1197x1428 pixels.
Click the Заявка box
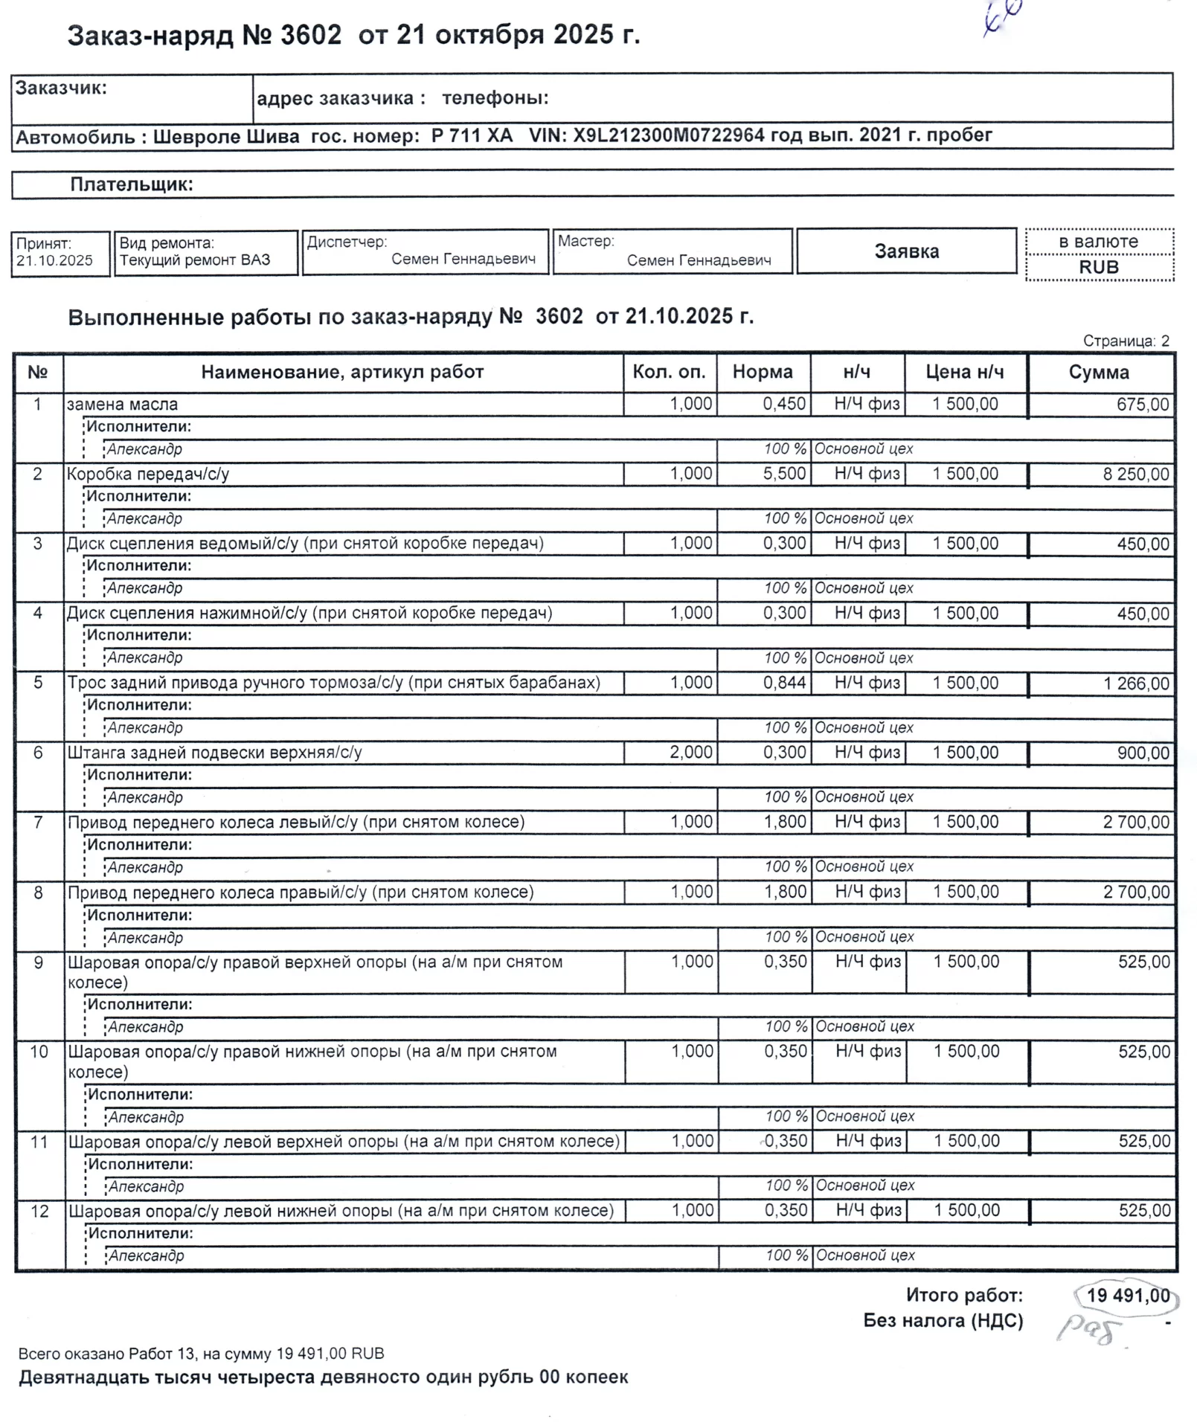coord(906,251)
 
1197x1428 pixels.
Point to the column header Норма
coord(763,372)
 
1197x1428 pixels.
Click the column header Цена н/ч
coord(965,372)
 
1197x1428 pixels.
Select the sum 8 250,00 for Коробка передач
coord(1135,475)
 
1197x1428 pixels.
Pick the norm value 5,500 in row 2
coord(784,474)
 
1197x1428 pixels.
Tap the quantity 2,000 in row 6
coord(690,753)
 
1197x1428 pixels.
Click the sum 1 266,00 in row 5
coord(1136,684)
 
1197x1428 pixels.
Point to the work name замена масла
coord(123,405)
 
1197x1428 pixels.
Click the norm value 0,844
coord(784,683)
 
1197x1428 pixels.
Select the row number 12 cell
coord(39,1212)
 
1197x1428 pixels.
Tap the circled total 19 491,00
coord(1128,1296)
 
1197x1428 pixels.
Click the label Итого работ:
coord(964,1296)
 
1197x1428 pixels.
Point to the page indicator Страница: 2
coord(1126,341)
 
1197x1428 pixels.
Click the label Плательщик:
coord(132,184)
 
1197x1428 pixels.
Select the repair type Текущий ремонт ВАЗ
coord(195,260)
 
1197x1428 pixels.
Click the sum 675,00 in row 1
coord(1143,405)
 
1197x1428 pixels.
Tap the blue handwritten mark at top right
coord(1002,16)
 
